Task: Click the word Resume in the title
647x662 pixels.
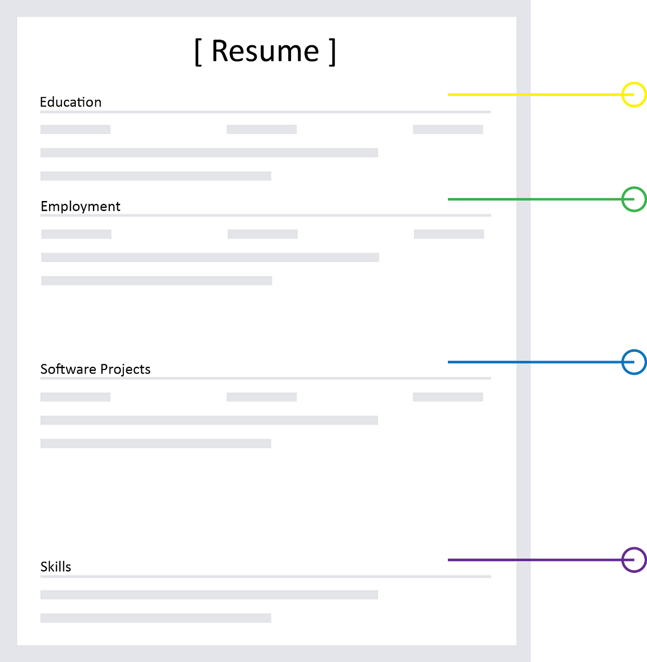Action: pos(265,51)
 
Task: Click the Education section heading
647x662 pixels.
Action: pos(71,102)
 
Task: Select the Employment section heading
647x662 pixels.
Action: pos(81,207)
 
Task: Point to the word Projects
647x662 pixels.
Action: pos(125,370)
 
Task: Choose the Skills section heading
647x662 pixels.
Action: pos(56,567)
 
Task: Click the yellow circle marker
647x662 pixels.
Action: pos(634,95)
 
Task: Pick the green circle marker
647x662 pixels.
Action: pos(634,199)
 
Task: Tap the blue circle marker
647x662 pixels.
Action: pos(634,362)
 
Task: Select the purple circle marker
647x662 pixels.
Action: pos(634,560)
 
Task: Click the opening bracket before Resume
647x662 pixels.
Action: pos(198,52)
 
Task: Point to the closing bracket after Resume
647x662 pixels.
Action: pos(332,52)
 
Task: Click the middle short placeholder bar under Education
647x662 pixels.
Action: pos(262,130)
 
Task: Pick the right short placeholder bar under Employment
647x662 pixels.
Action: pos(449,234)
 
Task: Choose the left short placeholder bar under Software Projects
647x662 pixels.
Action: pos(75,397)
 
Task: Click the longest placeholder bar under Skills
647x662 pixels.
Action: pos(209,595)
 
